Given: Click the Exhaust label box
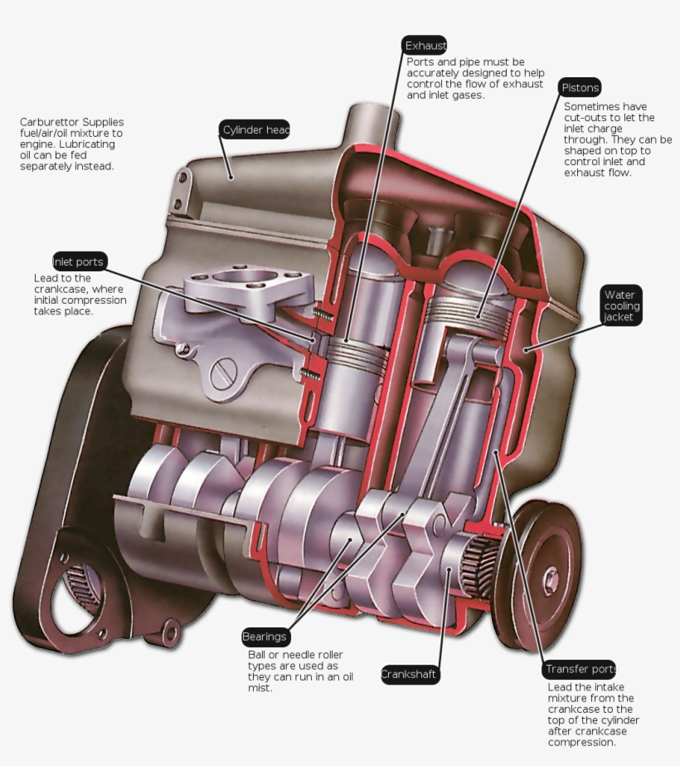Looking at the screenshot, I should click(x=425, y=46).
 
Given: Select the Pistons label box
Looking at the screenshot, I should click(x=580, y=88).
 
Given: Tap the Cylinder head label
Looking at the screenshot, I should click(x=255, y=130).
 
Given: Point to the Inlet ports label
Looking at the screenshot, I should click(x=79, y=261).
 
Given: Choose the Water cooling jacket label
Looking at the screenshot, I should click(x=621, y=305).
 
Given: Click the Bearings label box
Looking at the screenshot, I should click(x=265, y=637).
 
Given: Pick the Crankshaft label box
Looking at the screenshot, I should click(x=409, y=674).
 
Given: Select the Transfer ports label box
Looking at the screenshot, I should click(x=580, y=669).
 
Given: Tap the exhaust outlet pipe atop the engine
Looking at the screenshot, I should click(x=373, y=124).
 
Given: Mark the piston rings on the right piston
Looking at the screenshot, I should click(x=476, y=313).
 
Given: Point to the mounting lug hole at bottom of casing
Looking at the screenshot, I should click(x=172, y=633).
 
